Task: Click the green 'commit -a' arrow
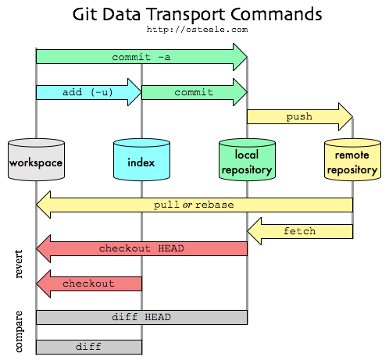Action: pos(141,57)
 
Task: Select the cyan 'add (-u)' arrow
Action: pos(87,92)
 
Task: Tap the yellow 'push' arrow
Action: pos(298,116)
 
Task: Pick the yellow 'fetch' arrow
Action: pos(300,230)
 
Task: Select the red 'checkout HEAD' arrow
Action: pos(141,248)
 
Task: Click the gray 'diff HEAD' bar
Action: pos(141,317)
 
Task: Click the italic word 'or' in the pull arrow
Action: pos(187,205)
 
